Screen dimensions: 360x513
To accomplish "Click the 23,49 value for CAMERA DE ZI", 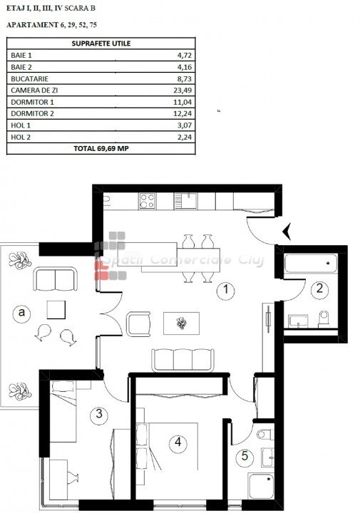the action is click(x=182, y=90).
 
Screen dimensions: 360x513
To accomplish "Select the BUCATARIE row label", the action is click(x=29, y=79).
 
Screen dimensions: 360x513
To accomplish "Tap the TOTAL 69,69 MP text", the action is click(x=101, y=148).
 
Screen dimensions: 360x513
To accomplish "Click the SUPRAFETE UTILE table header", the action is click(x=101, y=43).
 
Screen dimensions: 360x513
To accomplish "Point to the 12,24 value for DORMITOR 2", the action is click(x=182, y=113).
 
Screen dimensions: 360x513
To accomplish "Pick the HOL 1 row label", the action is click(x=21, y=125).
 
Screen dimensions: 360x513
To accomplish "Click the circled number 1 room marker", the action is click(x=225, y=290).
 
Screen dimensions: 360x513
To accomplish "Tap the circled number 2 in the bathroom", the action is click(x=319, y=289).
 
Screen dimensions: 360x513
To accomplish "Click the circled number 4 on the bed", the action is click(x=178, y=443).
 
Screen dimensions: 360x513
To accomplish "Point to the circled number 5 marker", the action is click(x=245, y=457).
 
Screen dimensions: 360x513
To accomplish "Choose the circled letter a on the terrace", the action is click(x=21, y=313).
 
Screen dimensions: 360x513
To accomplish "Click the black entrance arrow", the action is click(x=287, y=232).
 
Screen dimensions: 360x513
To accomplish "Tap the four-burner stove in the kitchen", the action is click(x=147, y=201).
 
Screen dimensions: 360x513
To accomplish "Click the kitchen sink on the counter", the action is click(x=185, y=201).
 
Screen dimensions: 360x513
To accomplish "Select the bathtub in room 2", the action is click(x=311, y=264).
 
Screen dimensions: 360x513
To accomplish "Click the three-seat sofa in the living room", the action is click(x=182, y=360).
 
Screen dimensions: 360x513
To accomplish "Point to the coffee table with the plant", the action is click(x=181, y=323).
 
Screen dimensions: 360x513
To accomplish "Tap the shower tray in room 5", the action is click(x=261, y=486).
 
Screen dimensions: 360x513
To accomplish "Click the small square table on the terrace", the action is click(x=56, y=310).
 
